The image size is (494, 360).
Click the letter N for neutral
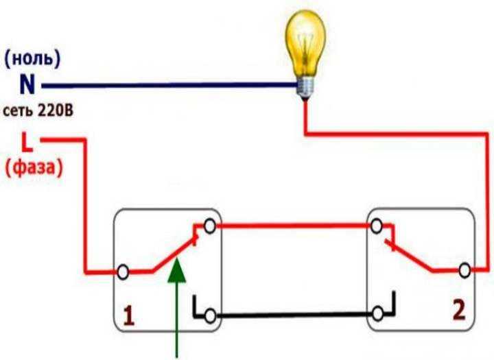click(27, 86)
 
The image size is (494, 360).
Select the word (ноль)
click(32, 59)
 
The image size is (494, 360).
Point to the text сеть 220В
click(37, 110)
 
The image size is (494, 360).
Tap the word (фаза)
click(34, 167)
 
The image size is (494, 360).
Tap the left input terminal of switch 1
click(123, 271)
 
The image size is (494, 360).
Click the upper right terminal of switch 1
click(211, 226)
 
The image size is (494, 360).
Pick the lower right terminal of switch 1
click(211, 316)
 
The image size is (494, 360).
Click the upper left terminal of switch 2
click(376, 226)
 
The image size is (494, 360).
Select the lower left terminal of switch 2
click(377, 314)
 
